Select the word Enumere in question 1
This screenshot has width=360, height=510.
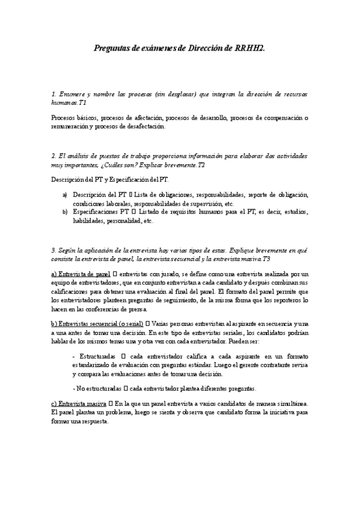pyautogui.click(x=73, y=94)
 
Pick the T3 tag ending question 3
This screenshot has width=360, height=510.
pyautogui.click(x=266, y=259)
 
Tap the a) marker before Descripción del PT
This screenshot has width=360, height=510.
pyautogui.click(x=65, y=195)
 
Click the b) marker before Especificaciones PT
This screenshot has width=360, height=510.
pyautogui.click(x=65, y=212)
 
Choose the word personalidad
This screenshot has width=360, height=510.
pyautogui.click(x=123, y=220)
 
